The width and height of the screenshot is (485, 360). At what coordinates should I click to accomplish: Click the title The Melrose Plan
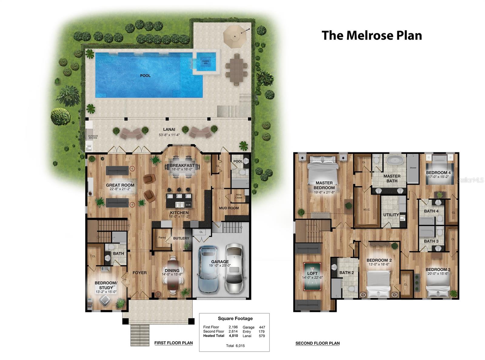point(372,35)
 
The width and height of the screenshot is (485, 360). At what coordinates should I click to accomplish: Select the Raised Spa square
point(206,62)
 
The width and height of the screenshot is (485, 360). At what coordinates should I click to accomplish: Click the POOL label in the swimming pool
point(145,76)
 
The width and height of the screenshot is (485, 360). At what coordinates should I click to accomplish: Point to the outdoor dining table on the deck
point(236,68)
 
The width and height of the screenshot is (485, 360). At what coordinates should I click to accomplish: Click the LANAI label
point(169,130)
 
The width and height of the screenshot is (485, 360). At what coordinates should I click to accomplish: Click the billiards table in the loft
point(313,276)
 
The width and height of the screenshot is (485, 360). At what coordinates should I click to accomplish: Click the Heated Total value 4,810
point(233,336)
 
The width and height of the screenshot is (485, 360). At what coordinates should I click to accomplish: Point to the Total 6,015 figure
point(235,346)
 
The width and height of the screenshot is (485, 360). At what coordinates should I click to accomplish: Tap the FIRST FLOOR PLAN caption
point(173,343)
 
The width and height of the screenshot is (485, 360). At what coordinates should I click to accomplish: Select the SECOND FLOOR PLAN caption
point(317,343)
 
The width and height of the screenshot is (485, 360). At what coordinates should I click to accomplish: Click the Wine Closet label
point(239,196)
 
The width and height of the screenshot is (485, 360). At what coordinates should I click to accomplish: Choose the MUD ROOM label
point(229,208)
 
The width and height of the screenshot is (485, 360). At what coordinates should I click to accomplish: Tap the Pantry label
point(162,237)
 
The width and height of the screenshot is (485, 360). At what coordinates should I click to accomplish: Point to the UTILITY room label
point(391,215)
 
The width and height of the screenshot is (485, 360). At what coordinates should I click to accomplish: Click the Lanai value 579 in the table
point(262,336)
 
